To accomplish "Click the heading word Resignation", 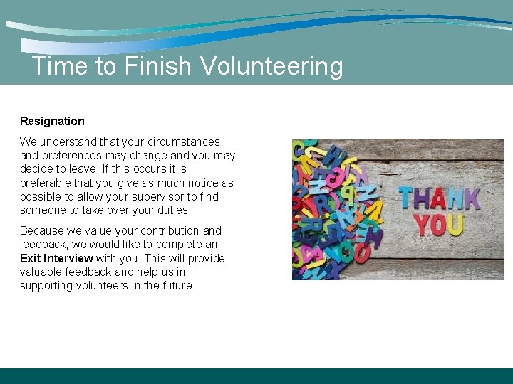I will [x=52, y=122].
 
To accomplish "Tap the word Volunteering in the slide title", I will [x=271, y=67].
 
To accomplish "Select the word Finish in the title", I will [x=158, y=67].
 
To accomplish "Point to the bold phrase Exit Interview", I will [x=56, y=258].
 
